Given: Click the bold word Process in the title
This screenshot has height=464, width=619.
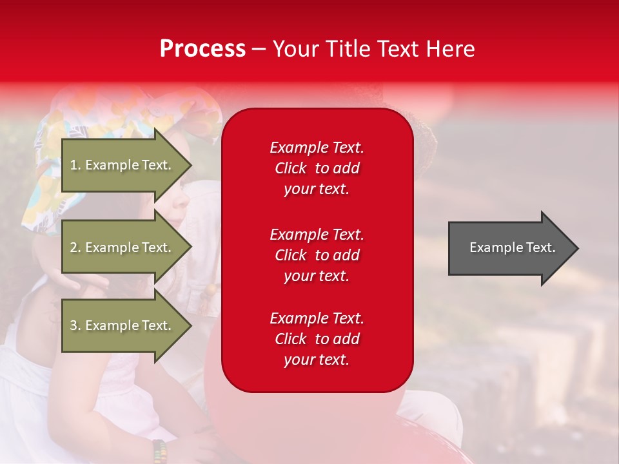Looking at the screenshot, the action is pyautogui.click(x=202, y=48).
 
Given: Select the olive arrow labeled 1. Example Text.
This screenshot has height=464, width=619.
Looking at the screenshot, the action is pyautogui.click(x=127, y=165).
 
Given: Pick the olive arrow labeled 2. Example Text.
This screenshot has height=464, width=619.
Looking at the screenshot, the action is pyautogui.click(x=127, y=247).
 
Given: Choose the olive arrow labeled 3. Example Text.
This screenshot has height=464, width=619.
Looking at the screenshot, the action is pyautogui.click(x=127, y=325).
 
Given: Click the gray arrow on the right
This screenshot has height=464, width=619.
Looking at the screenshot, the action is pyautogui.click(x=513, y=247).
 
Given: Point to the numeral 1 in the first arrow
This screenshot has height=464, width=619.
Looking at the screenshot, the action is pyautogui.click(x=73, y=165).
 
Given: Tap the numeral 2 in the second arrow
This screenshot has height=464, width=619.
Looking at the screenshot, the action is pyautogui.click(x=74, y=247).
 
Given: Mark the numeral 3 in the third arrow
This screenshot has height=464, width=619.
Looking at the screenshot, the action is pyautogui.click(x=74, y=325).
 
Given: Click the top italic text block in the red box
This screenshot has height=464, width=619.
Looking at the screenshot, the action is pyautogui.click(x=317, y=168).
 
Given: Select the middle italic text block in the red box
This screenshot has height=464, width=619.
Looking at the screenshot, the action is pyautogui.click(x=317, y=255).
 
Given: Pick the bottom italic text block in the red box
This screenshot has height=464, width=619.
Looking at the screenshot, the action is pyautogui.click(x=317, y=339).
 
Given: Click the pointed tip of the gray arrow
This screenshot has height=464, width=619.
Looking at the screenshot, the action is pyautogui.click(x=578, y=248).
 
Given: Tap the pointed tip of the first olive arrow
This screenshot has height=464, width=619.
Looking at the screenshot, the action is pyautogui.click(x=192, y=165).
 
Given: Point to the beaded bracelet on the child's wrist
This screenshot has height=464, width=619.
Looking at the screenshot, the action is pyautogui.click(x=160, y=451).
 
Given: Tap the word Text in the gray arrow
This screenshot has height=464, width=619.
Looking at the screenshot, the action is pyautogui.click(x=541, y=247).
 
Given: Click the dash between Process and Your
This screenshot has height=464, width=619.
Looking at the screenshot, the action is pyautogui.click(x=259, y=50).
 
